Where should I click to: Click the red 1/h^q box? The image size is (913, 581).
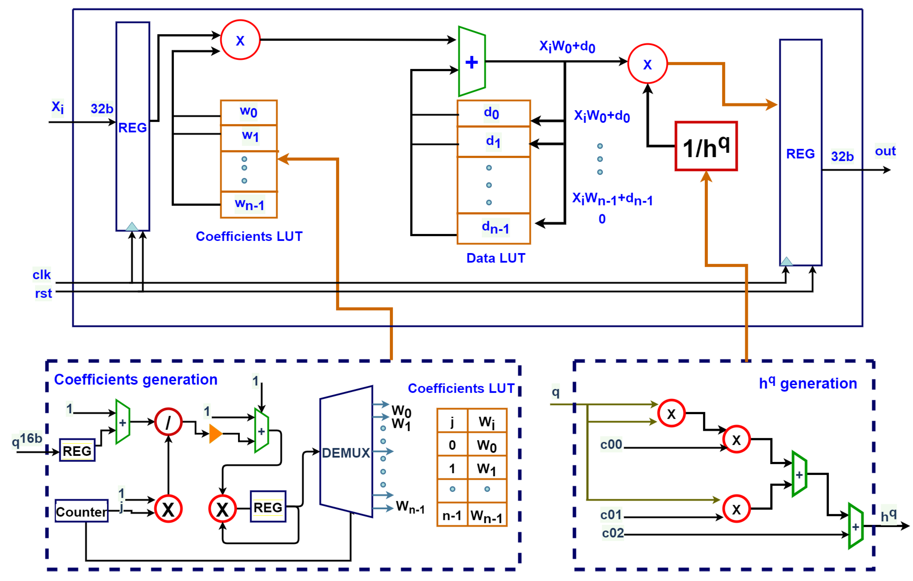706,146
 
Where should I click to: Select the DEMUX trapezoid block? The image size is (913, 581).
345,452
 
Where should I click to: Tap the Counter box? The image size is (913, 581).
81,511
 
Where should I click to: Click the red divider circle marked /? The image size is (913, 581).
168,422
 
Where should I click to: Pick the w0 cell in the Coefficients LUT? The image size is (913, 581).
249,112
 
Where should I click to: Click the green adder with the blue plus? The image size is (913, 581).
471,62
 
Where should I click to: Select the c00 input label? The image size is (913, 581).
611,444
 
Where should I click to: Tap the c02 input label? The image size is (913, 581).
612,533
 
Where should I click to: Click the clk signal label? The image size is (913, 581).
41,274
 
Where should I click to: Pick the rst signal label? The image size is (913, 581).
43,293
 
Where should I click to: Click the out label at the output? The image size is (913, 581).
885,151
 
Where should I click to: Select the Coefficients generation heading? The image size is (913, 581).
136,380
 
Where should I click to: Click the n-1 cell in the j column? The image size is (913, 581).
452,515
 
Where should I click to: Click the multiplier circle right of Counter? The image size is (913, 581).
168,509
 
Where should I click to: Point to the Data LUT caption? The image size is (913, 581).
496,258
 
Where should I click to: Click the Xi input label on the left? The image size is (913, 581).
58,107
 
